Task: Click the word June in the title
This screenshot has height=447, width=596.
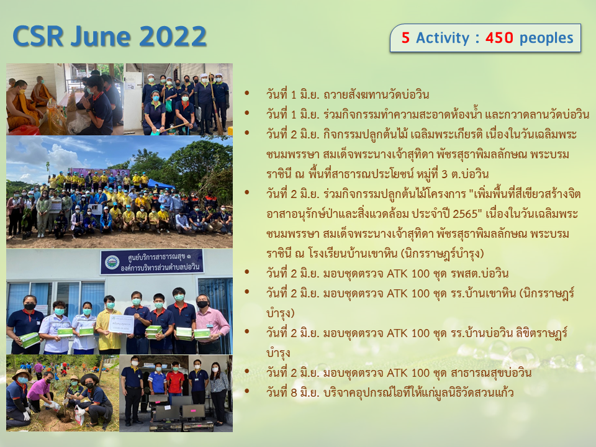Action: [x=101, y=37]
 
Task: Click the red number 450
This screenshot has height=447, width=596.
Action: [x=499, y=38]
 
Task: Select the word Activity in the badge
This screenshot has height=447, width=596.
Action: [x=443, y=38]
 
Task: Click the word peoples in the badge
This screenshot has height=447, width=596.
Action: [x=546, y=38]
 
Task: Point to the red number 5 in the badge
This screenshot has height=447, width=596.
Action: [x=405, y=38]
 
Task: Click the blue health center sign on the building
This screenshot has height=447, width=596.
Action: [x=152, y=261]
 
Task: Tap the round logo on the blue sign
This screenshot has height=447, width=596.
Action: [x=112, y=262]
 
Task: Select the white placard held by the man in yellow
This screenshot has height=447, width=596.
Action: [x=121, y=324]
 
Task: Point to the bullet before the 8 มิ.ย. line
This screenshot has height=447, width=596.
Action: [x=247, y=391]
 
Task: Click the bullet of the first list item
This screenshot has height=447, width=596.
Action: [x=247, y=93]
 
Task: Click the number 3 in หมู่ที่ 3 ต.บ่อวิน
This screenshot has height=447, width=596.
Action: [x=445, y=174]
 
